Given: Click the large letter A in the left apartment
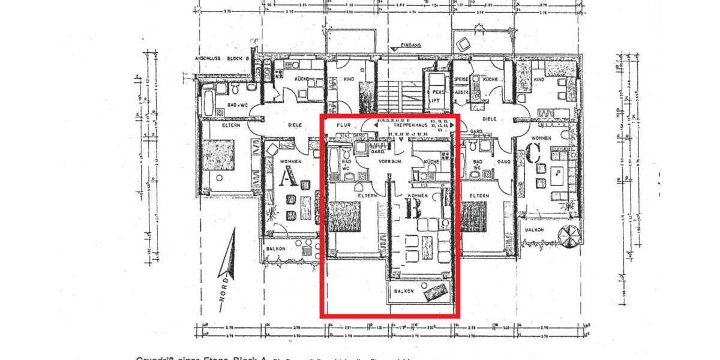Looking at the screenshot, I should [x=290, y=178].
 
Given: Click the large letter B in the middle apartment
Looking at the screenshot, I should [x=413, y=209].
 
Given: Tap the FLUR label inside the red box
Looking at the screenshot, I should [x=343, y=125].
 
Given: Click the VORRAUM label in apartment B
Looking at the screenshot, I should [x=390, y=161].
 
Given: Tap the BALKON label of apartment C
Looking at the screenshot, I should [x=534, y=230].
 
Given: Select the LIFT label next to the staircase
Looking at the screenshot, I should [x=434, y=100].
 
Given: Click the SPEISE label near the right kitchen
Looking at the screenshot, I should [x=461, y=79].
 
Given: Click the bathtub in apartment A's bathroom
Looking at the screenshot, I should [x=206, y=103].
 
